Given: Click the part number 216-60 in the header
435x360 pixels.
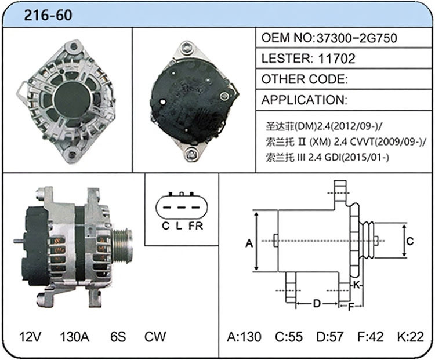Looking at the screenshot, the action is tap(48, 15).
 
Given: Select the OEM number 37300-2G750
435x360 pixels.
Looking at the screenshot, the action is tap(357, 38).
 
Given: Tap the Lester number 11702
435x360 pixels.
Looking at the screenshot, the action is tap(337, 59).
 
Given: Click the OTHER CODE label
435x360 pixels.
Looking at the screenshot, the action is tap(304, 79).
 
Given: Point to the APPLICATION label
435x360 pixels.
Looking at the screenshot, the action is tap(304, 100).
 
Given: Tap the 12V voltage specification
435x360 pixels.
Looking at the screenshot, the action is tap(30, 337).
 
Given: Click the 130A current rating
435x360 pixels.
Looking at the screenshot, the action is tap(75, 337).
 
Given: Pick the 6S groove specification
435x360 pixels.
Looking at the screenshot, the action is tap(118, 337).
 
